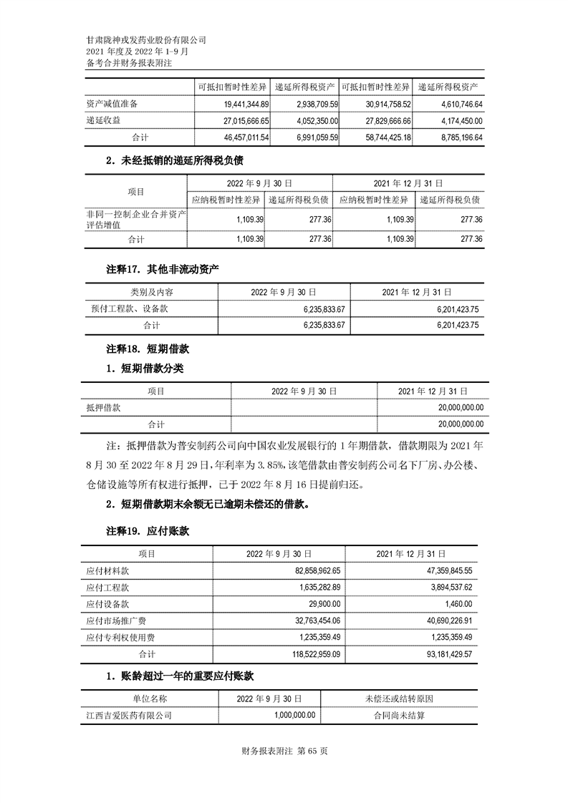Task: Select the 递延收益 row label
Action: (x=103, y=120)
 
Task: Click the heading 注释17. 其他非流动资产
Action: (x=162, y=270)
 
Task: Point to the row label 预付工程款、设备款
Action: (x=127, y=309)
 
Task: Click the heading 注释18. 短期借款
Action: (x=148, y=349)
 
